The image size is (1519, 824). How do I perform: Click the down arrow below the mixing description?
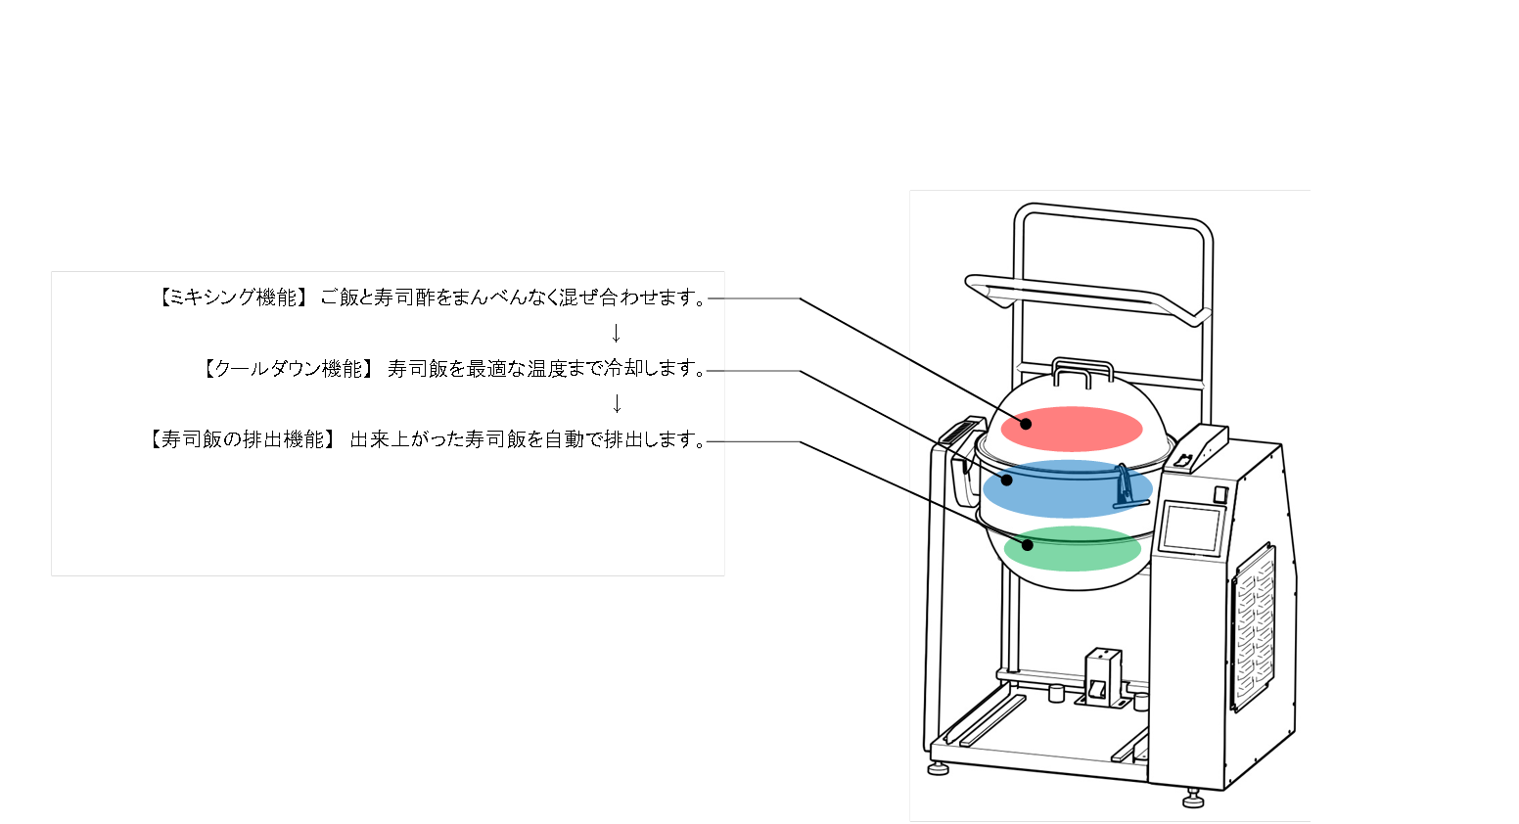[616, 334]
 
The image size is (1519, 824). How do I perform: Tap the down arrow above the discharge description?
[616, 403]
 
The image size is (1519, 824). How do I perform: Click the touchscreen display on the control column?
[1190, 529]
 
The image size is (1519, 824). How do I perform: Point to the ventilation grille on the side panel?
[1255, 626]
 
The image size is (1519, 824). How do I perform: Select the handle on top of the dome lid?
[1082, 372]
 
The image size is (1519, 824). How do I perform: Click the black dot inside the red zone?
[1027, 424]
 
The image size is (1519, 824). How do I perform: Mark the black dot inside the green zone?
[1028, 544]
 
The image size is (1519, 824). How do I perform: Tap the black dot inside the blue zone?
[1006, 480]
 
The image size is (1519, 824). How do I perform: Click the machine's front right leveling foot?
[1193, 801]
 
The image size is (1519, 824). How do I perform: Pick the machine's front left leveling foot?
[940, 768]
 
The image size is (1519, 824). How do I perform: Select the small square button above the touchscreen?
[1220, 495]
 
